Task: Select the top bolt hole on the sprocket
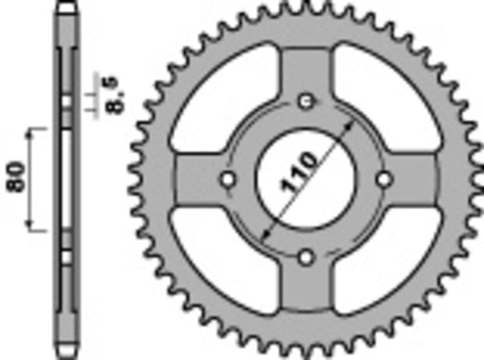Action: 305,101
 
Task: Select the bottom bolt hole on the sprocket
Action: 305,257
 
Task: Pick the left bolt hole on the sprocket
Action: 227,179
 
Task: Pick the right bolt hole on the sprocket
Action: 383,179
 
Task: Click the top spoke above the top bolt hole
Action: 305,73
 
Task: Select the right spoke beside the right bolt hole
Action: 415,179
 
